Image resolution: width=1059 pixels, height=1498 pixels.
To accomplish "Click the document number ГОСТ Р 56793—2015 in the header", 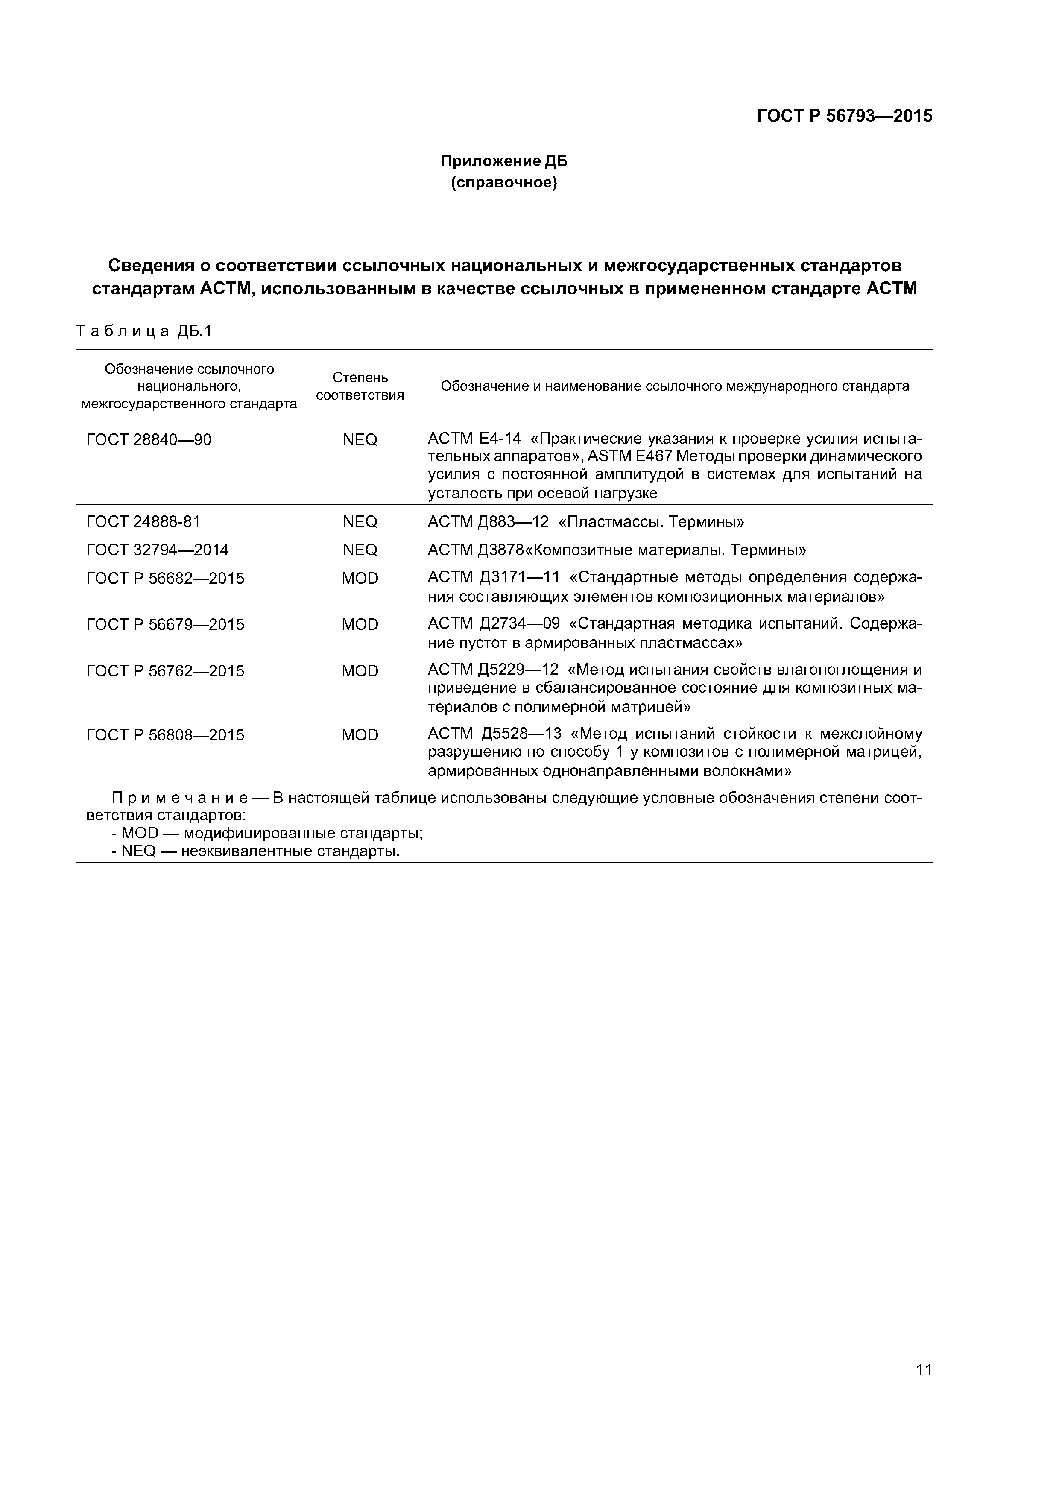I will (x=844, y=116).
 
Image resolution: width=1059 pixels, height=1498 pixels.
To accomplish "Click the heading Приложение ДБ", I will (x=504, y=161).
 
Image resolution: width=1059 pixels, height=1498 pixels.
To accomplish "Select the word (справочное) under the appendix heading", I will (x=504, y=183).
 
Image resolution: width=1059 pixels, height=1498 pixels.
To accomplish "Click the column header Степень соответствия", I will (x=360, y=386).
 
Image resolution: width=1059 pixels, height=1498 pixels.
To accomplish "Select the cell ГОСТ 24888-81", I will (x=143, y=521).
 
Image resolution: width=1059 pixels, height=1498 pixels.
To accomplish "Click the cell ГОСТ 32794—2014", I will (x=157, y=550).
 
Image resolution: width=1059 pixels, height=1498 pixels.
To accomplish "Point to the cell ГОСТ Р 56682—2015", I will (x=165, y=579).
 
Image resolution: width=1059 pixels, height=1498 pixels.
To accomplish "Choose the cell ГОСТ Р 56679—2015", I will (x=165, y=625).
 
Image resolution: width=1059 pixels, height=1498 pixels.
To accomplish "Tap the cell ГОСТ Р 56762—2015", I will (x=165, y=671).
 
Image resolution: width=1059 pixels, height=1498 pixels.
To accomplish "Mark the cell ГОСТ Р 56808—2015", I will (x=165, y=735).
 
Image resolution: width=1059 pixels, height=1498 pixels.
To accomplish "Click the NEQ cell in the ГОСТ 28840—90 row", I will (x=360, y=440).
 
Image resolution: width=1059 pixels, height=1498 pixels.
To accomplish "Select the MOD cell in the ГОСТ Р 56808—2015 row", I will (x=360, y=735).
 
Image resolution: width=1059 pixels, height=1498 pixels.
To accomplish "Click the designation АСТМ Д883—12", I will (x=488, y=521).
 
